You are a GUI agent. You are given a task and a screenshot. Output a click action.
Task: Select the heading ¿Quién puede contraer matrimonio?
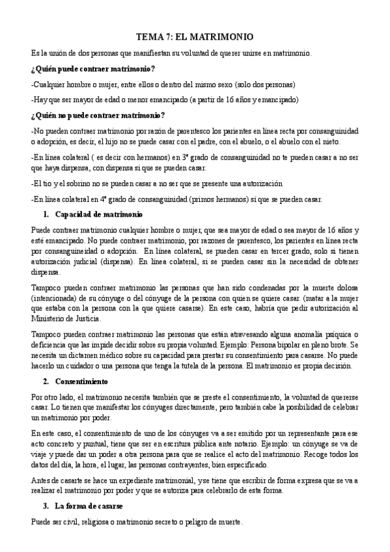point(92,68)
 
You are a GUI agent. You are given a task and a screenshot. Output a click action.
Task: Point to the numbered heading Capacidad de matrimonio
point(95,214)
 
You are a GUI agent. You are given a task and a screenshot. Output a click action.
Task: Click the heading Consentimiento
point(81,380)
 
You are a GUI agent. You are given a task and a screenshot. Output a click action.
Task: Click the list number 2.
point(46,380)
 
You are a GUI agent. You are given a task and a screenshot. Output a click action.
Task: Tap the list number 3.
point(46,506)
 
